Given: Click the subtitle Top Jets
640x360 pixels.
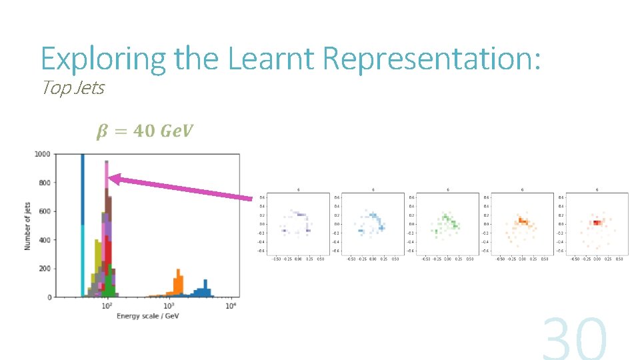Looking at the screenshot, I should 73,88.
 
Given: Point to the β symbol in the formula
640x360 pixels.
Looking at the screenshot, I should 101,131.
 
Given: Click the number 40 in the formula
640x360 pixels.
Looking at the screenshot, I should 143,131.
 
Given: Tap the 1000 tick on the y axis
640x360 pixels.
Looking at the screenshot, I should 43,154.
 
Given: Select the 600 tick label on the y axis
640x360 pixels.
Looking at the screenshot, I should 44,211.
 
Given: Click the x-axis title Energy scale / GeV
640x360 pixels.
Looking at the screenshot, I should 147,315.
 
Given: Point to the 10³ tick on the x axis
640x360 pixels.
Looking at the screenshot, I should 169,305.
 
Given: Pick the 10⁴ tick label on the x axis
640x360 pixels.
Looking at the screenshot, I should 231,305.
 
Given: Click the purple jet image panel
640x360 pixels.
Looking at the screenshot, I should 294,224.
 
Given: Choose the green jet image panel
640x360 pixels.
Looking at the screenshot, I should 443,224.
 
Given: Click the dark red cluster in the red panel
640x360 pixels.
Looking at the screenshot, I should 595,223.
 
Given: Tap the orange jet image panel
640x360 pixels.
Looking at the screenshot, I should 518,224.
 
